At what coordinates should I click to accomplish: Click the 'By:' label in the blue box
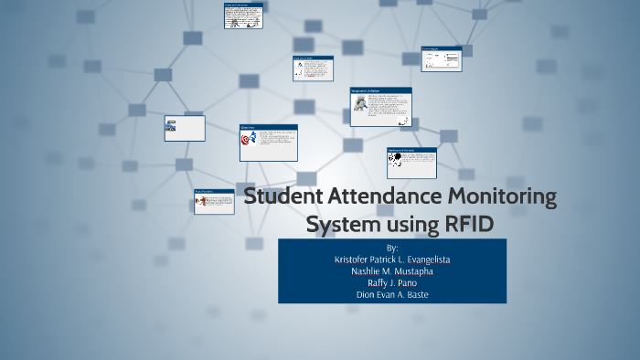click(392, 248)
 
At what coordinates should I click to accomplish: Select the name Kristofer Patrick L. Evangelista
click(392, 259)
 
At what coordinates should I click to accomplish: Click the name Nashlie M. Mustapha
click(392, 271)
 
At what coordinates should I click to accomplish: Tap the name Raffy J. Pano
click(392, 283)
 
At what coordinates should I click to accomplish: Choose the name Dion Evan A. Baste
click(392, 295)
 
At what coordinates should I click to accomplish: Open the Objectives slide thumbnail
click(268, 143)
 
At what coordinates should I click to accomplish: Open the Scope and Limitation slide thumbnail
click(380, 107)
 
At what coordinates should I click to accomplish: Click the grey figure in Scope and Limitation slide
click(361, 108)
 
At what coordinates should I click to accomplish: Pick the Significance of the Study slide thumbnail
click(411, 163)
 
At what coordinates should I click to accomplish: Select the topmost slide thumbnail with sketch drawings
click(243, 16)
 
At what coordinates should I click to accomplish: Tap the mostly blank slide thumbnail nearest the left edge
click(185, 129)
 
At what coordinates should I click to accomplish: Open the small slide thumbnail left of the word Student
click(214, 202)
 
